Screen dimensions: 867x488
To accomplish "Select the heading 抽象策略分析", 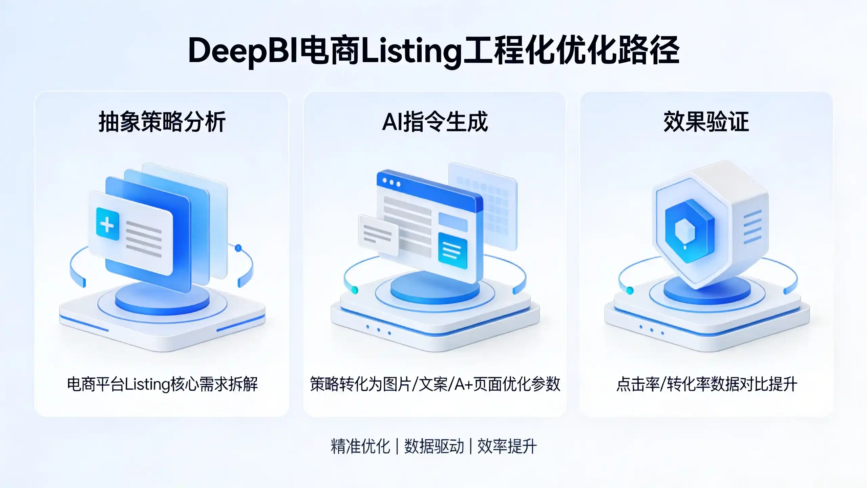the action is point(162,122).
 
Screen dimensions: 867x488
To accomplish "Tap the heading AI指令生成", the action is point(435,122).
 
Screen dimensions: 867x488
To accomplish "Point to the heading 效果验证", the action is point(706,122).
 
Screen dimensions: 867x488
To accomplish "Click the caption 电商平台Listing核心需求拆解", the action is point(162,384).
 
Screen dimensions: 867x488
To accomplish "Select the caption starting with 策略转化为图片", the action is point(435,384).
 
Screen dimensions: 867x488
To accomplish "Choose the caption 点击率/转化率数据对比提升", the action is point(706,384).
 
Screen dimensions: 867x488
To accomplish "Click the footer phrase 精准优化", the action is point(360,446).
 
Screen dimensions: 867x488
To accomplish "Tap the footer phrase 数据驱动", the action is point(434,446).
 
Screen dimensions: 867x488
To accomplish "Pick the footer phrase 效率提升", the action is point(507,446).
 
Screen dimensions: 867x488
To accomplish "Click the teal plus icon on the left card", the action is point(108,224).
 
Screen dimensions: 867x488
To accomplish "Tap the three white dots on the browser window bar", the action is point(391,182).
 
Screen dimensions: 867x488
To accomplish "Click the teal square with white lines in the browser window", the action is point(453,250).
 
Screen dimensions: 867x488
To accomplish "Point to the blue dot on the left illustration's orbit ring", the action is point(238,248).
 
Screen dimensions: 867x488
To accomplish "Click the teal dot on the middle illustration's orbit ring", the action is point(354,290).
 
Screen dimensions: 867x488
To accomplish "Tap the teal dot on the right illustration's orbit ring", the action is point(630,290).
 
